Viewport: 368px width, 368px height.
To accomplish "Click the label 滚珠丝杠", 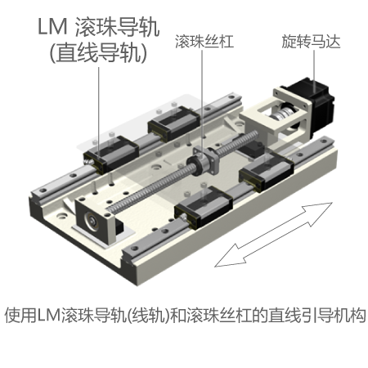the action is pos(204,42).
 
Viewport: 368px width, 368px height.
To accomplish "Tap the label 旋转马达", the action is pos(311,42).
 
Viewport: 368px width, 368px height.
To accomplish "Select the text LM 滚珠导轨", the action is pos(98,27).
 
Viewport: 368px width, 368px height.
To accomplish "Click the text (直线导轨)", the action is pos(98,52).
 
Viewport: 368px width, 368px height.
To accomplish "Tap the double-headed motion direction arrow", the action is pos(273,235).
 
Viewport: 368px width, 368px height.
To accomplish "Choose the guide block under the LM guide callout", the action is pos(111,155).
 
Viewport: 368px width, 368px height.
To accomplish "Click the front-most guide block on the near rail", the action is pos(203,206).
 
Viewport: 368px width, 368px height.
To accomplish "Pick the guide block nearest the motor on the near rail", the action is pos(266,171).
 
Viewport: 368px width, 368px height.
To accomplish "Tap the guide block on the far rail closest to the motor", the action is pos(173,123).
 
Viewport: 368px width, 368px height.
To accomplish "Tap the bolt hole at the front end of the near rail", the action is pos(134,249).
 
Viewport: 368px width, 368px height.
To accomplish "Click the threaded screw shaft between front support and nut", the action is pos(149,189).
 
